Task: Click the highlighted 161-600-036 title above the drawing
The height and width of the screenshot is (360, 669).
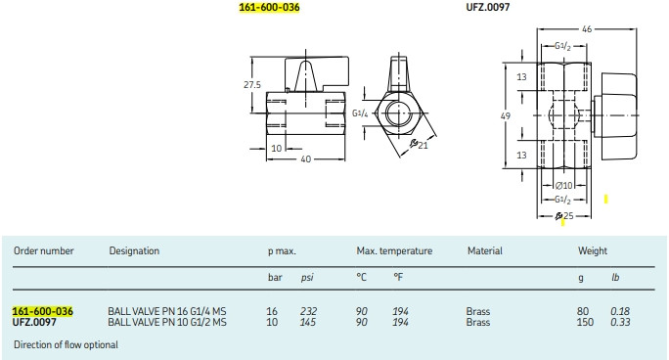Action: tap(269, 7)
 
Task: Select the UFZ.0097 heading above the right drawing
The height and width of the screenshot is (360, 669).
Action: tap(488, 7)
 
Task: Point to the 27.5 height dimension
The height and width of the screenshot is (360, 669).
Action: tap(252, 84)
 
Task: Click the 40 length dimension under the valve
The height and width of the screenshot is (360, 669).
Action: tap(305, 159)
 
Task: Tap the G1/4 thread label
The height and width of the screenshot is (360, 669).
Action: tap(360, 113)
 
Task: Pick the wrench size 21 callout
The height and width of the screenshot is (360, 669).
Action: tap(419, 145)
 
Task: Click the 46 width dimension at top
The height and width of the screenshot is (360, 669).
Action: tap(587, 29)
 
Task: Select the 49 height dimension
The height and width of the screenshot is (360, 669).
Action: tap(505, 115)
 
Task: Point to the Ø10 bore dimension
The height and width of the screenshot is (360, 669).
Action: tap(563, 186)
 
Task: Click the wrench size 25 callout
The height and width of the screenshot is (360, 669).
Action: tap(564, 216)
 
